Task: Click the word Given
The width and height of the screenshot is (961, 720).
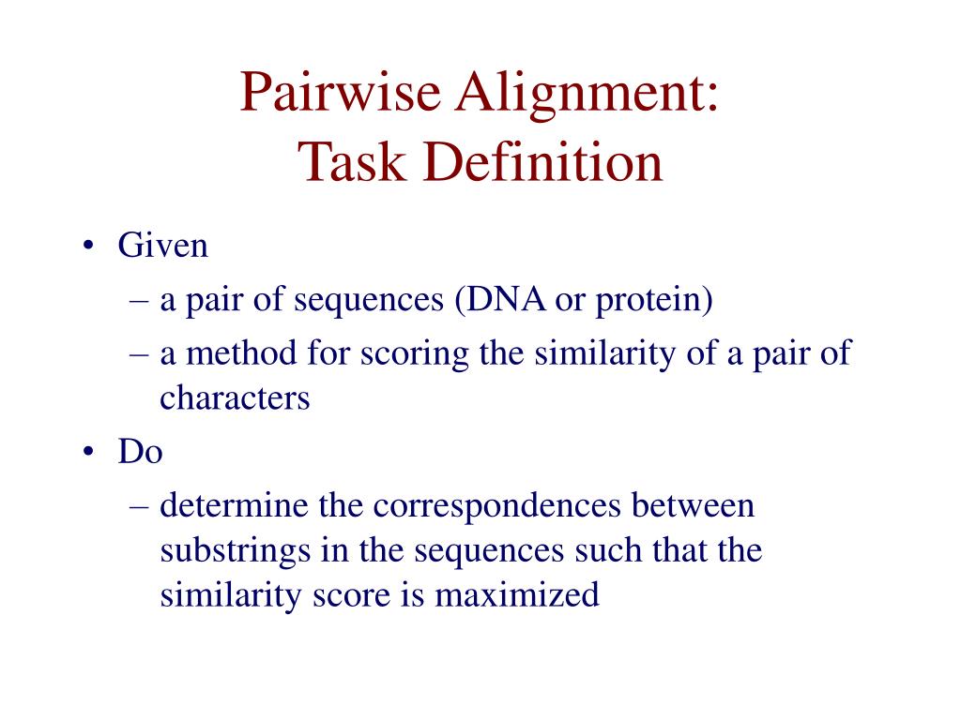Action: (x=162, y=247)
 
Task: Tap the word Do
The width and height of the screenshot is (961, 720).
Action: (x=140, y=453)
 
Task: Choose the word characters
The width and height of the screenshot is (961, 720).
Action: (x=235, y=398)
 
